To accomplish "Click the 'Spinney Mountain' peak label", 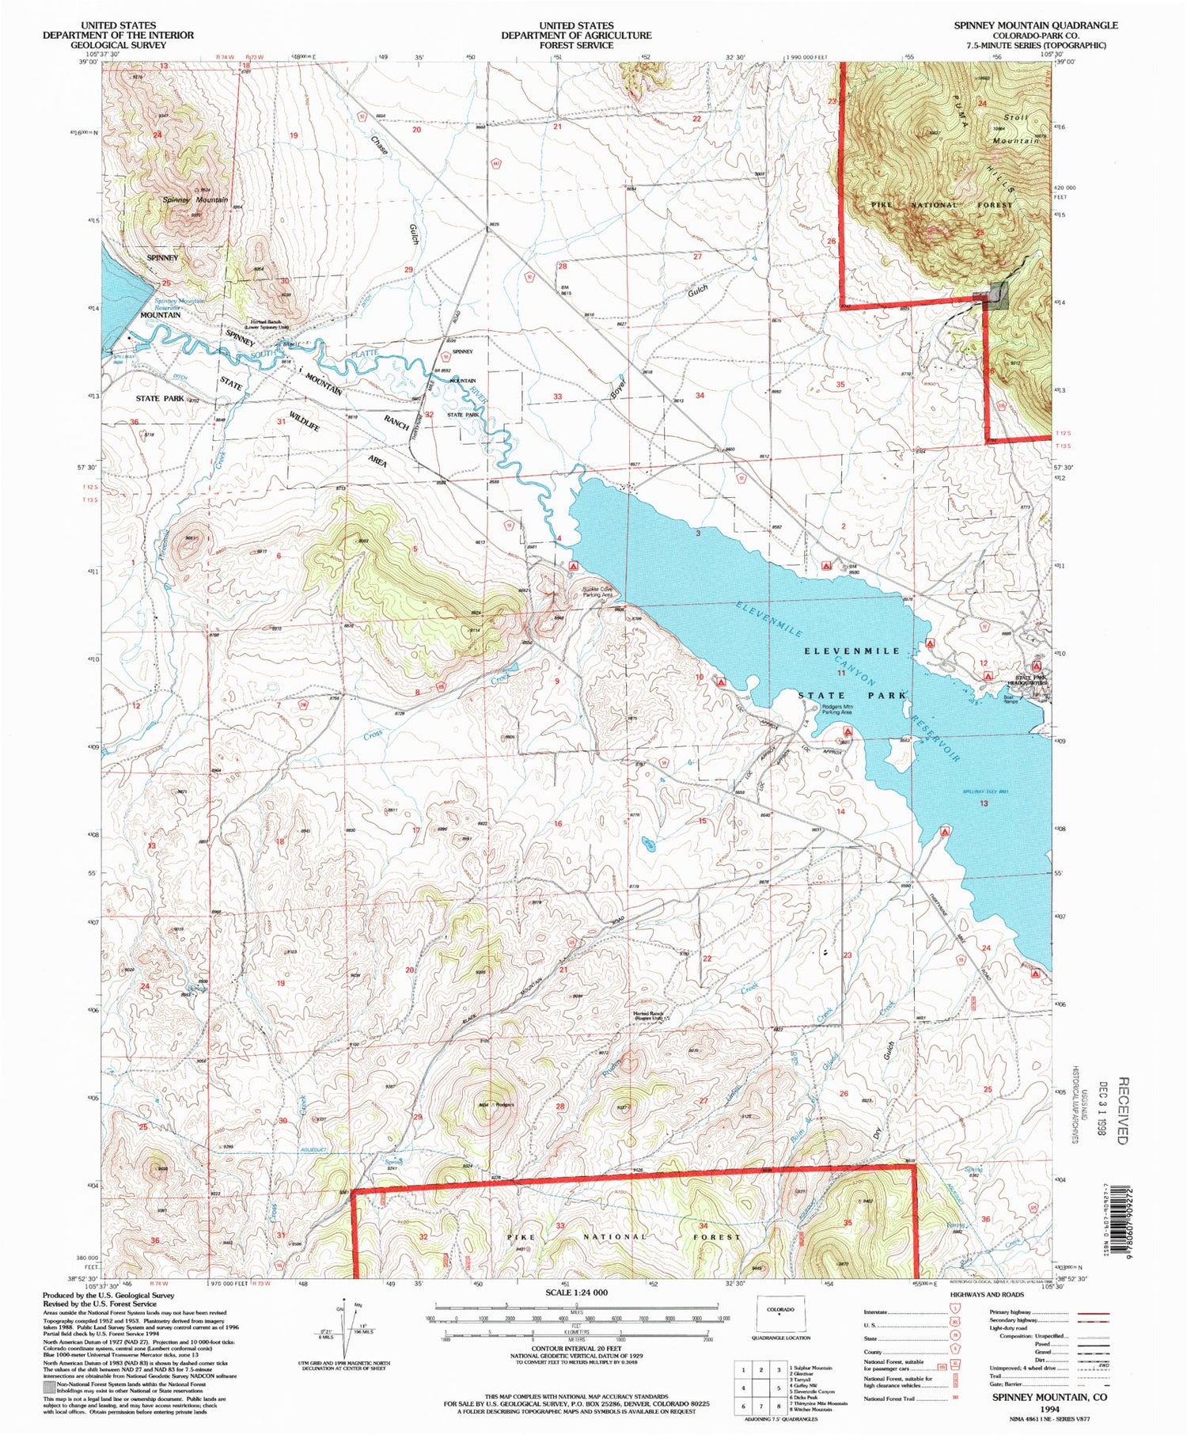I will (195, 200).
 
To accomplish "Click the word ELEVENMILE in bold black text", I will (852, 651).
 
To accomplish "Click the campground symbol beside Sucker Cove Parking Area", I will (573, 567).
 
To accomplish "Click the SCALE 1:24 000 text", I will (576, 1293).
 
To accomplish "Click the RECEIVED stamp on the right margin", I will (1121, 1110).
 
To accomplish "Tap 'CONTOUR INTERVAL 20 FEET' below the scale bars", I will (576, 1356).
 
